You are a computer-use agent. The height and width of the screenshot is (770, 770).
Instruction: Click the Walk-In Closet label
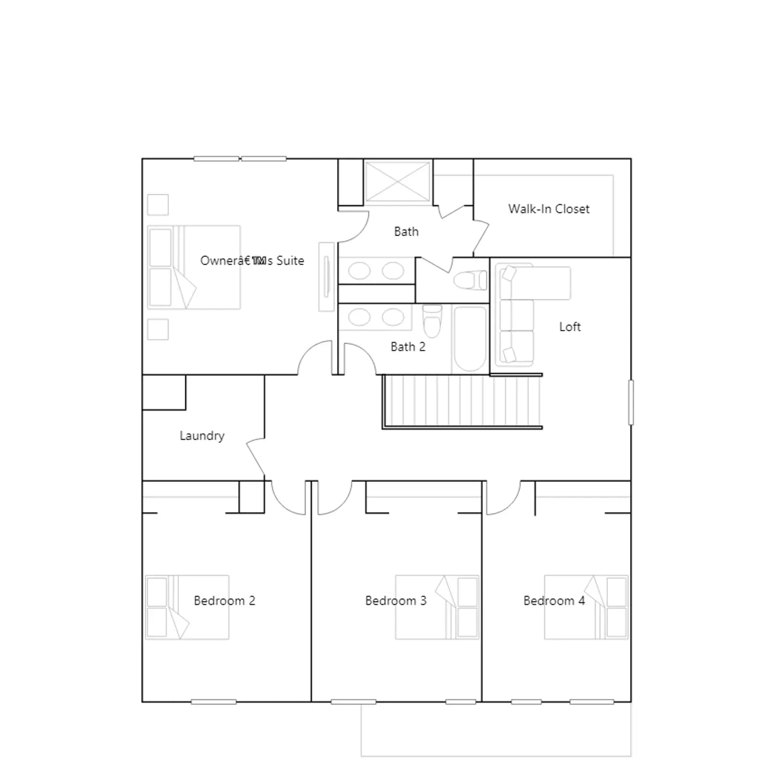(x=549, y=209)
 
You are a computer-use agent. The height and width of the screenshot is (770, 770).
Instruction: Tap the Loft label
(x=570, y=327)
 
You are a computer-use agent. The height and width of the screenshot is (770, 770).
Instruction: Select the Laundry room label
(x=202, y=436)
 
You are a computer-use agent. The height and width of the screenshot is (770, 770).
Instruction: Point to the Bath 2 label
(x=408, y=346)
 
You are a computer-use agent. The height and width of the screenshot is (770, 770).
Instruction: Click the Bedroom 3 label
(x=396, y=601)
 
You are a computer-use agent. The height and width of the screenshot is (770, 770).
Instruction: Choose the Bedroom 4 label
(x=554, y=601)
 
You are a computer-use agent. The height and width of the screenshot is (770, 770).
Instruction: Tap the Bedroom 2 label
(x=224, y=601)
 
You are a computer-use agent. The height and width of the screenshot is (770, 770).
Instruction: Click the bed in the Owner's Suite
(x=194, y=267)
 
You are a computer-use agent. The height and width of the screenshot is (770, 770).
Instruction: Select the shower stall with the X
(x=398, y=181)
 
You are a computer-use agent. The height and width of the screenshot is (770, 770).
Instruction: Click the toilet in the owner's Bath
(x=470, y=281)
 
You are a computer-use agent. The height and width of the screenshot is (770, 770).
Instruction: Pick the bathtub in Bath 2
(x=470, y=340)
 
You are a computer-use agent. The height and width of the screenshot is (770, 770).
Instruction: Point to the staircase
(x=462, y=401)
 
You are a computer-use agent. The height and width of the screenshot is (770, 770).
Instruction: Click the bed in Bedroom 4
(x=586, y=607)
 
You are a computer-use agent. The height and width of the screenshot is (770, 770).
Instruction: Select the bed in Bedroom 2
(x=187, y=607)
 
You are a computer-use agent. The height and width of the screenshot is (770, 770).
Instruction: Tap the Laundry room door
(x=256, y=457)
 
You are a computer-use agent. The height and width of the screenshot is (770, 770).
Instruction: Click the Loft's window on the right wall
(x=631, y=402)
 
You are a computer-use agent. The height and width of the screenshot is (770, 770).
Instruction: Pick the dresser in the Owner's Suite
(x=327, y=277)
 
